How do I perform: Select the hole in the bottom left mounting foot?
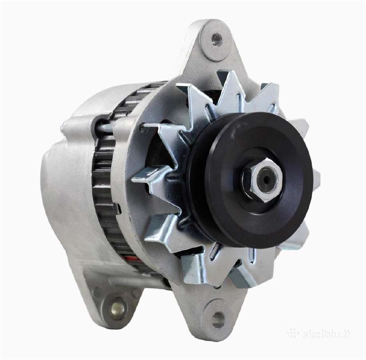(117, 309)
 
